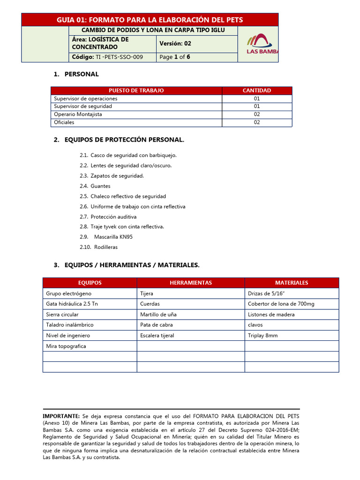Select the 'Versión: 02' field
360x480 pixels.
(x=175, y=44)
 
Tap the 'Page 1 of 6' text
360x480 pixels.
(x=175, y=57)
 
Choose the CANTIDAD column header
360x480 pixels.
(x=256, y=90)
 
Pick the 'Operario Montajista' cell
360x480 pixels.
(x=78, y=114)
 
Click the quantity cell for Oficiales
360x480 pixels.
(x=256, y=122)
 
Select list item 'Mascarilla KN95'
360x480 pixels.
(x=113, y=237)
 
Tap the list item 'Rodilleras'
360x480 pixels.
(x=105, y=247)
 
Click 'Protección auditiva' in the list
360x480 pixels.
(x=113, y=217)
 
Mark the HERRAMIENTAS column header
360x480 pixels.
(x=190, y=283)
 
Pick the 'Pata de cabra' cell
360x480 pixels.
(x=157, y=325)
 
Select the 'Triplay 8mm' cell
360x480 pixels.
(x=262, y=336)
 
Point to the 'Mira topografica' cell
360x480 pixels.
(x=66, y=346)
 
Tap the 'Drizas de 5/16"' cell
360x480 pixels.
(x=266, y=293)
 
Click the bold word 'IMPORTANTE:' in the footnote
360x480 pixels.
(x=61, y=416)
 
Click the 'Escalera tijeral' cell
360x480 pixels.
(x=157, y=336)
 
